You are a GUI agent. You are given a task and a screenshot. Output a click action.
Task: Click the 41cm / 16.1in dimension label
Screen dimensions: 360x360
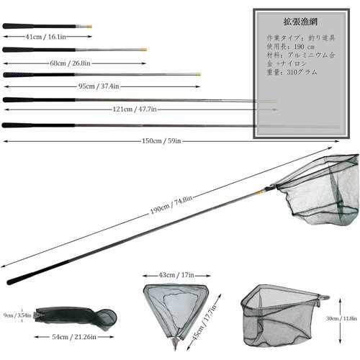coord(45,37)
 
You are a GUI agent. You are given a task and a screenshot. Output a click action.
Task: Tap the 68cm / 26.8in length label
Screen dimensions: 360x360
coord(70,63)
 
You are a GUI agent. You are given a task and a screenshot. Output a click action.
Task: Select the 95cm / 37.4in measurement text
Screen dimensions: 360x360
coord(99,86)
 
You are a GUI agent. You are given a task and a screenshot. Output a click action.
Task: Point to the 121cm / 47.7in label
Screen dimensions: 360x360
coord(135,109)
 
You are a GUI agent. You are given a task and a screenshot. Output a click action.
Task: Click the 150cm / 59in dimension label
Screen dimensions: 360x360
coord(161,141)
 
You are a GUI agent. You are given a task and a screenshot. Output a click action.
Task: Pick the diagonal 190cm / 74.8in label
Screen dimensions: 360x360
coord(171,204)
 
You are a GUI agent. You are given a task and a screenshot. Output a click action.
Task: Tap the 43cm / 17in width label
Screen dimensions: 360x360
coord(176,275)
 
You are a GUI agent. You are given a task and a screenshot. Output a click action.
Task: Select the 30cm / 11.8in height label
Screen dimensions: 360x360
coord(341,318)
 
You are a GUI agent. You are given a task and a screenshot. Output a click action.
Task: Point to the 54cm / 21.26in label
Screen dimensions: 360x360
coord(74,337)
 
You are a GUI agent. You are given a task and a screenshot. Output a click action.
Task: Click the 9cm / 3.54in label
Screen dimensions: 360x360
coord(17,315)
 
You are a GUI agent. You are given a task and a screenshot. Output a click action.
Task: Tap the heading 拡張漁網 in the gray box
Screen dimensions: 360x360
coord(300,22)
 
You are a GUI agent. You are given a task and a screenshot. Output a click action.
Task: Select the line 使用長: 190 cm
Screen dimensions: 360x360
coord(291,47)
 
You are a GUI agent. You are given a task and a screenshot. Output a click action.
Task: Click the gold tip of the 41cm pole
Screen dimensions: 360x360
coord(89,27)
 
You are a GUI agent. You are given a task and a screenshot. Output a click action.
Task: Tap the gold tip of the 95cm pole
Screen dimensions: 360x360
coord(198,74)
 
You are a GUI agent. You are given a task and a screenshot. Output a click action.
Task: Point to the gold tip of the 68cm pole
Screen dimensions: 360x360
coord(144,50)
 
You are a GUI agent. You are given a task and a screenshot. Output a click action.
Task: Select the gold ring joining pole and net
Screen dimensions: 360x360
coord(259,192)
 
